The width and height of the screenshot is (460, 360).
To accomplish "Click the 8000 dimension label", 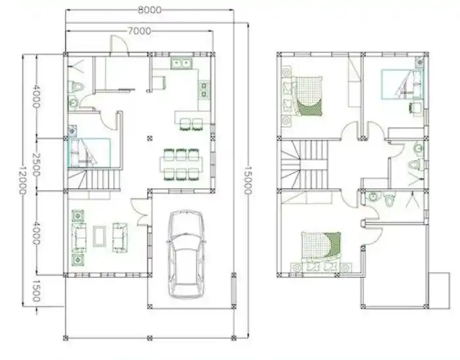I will [x=148, y=10].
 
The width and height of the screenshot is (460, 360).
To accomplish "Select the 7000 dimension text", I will [x=138, y=30].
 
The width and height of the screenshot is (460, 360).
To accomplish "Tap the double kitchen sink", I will [x=181, y=63].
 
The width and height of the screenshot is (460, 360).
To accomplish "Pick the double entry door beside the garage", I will [x=141, y=212].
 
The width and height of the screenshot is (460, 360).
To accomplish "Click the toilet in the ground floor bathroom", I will [x=77, y=86].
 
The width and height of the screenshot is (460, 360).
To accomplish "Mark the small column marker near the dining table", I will [x=150, y=138].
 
